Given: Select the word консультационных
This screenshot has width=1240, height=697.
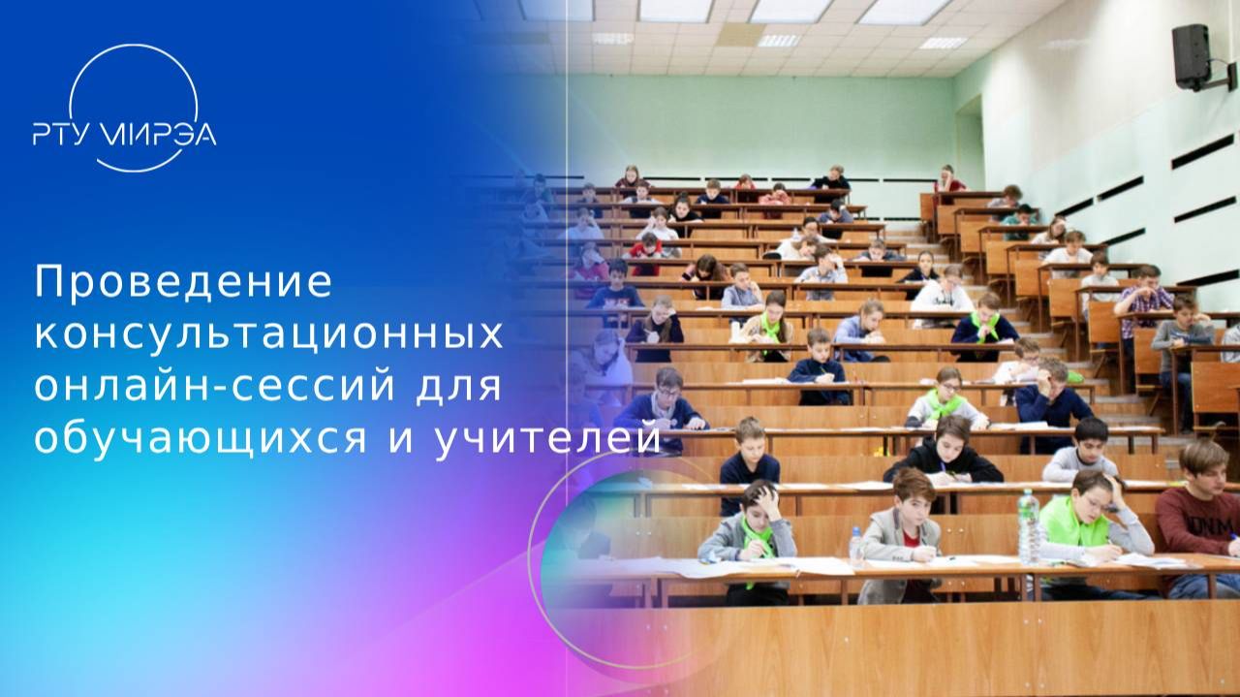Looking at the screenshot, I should coord(269,334).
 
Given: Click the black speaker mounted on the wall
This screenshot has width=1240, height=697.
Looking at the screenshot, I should coord(1192,56).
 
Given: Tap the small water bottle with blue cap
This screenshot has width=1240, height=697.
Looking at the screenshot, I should coord(856,547).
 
